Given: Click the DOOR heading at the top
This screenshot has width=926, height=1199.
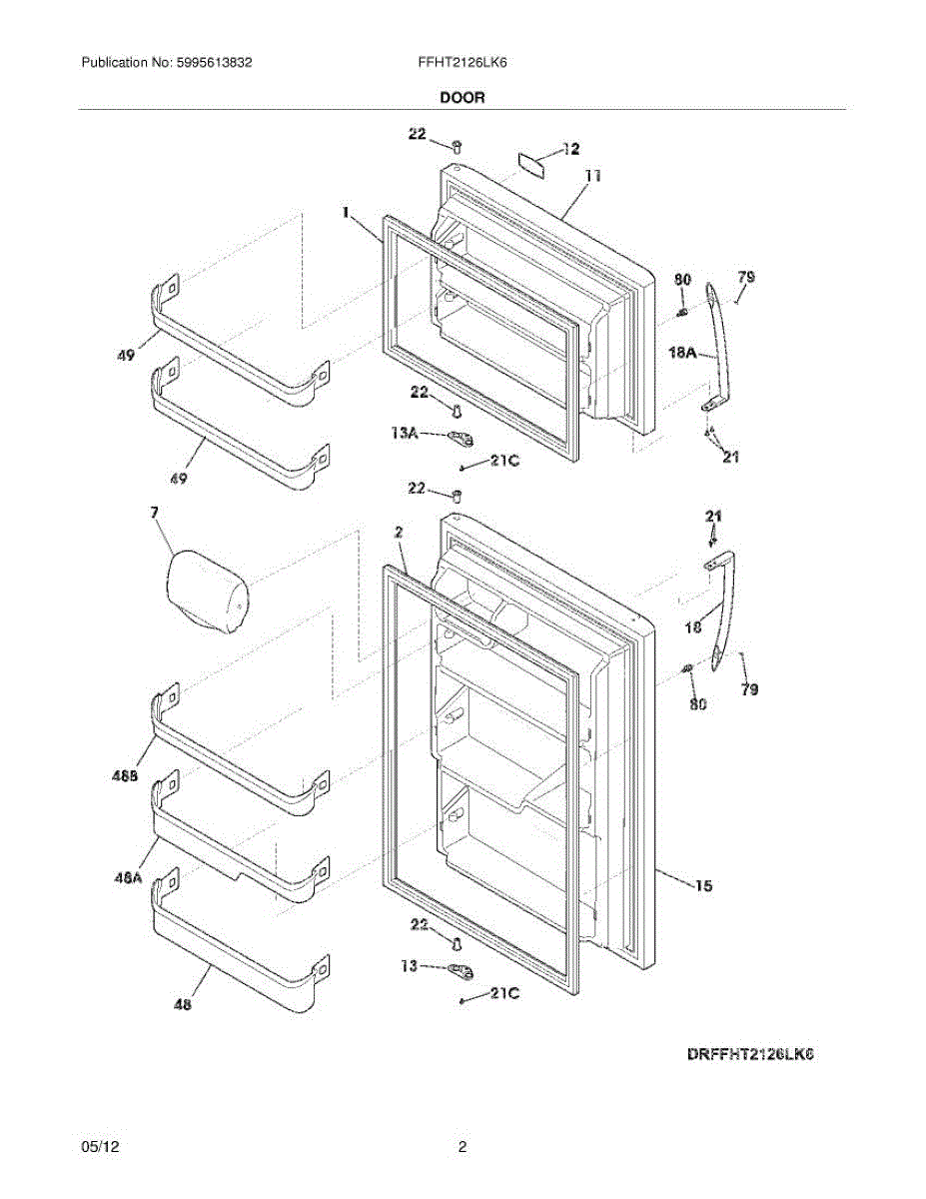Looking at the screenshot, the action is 463,98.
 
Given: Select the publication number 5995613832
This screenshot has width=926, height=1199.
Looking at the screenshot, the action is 214,63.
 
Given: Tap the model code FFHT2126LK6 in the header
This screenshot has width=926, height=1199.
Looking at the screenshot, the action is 463,63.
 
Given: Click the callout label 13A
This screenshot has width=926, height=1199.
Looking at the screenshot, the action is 405,434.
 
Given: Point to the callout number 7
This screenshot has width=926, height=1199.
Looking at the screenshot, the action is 154,513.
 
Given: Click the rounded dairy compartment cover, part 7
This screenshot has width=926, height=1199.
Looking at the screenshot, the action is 208,591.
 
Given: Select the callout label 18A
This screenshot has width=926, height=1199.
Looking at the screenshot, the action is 683,352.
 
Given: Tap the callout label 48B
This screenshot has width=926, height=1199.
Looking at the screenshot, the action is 125,776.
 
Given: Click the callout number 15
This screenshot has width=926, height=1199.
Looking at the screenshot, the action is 703,885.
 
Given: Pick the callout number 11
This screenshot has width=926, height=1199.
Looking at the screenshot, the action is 593,177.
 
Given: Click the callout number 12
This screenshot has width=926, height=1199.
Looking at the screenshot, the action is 570,149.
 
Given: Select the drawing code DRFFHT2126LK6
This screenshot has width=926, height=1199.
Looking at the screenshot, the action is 750,1054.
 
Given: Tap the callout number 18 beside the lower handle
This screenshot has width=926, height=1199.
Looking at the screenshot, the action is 693,626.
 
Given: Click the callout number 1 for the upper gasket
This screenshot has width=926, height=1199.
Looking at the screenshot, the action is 346,212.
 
